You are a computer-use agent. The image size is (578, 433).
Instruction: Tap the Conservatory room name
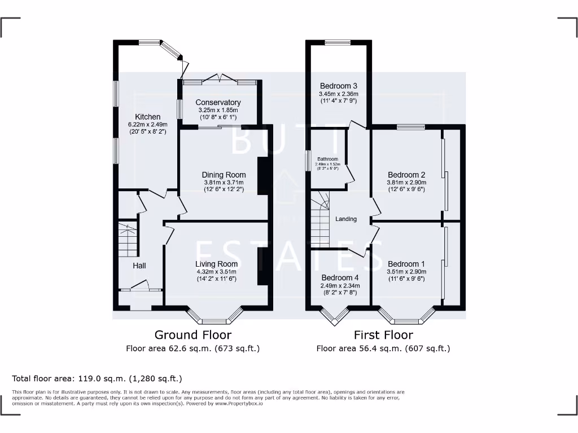pyautogui.click(x=218, y=102)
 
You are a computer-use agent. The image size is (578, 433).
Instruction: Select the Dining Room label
pyautogui.click(x=224, y=175)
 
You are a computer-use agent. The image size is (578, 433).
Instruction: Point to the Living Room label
pyautogui.click(x=216, y=264)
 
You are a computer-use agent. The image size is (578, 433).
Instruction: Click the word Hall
pyautogui.click(x=139, y=265)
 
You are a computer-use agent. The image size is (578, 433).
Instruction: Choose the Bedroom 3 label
pyautogui.click(x=338, y=86)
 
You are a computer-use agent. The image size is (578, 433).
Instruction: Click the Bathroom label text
pyautogui.click(x=327, y=159)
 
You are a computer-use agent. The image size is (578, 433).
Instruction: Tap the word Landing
pyautogui.click(x=346, y=219)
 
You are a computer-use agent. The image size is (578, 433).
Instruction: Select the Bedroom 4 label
pyautogui.click(x=340, y=278)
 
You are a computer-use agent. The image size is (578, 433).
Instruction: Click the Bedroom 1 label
pyautogui.click(x=406, y=264)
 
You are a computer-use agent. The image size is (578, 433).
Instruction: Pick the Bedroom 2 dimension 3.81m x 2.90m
pyautogui.click(x=406, y=183)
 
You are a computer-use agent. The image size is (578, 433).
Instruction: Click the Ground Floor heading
pyautogui.click(x=192, y=335)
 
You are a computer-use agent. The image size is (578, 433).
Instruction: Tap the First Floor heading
pyautogui.click(x=383, y=335)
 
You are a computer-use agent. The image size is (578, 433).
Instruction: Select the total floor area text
pyautogui.click(x=97, y=378)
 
